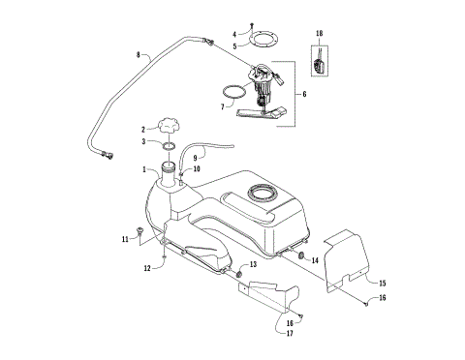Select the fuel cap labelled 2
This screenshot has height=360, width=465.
[x=169, y=127]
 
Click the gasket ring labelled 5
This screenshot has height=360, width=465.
[x=262, y=42]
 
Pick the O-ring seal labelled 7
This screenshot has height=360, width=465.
[x=232, y=92]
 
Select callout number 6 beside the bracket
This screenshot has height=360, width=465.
[x=307, y=94]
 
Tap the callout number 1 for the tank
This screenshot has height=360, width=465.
[x=145, y=171]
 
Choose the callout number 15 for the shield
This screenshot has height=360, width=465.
[x=382, y=283]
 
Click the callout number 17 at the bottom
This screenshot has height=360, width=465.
[x=290, y=335]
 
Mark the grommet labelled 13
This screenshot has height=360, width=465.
[x=238, y=275]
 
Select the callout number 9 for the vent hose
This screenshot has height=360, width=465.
[x=196, y=157]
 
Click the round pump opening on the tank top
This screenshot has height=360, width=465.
[x=263, y=194]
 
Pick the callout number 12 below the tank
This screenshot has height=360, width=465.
[x=148, y=268]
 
